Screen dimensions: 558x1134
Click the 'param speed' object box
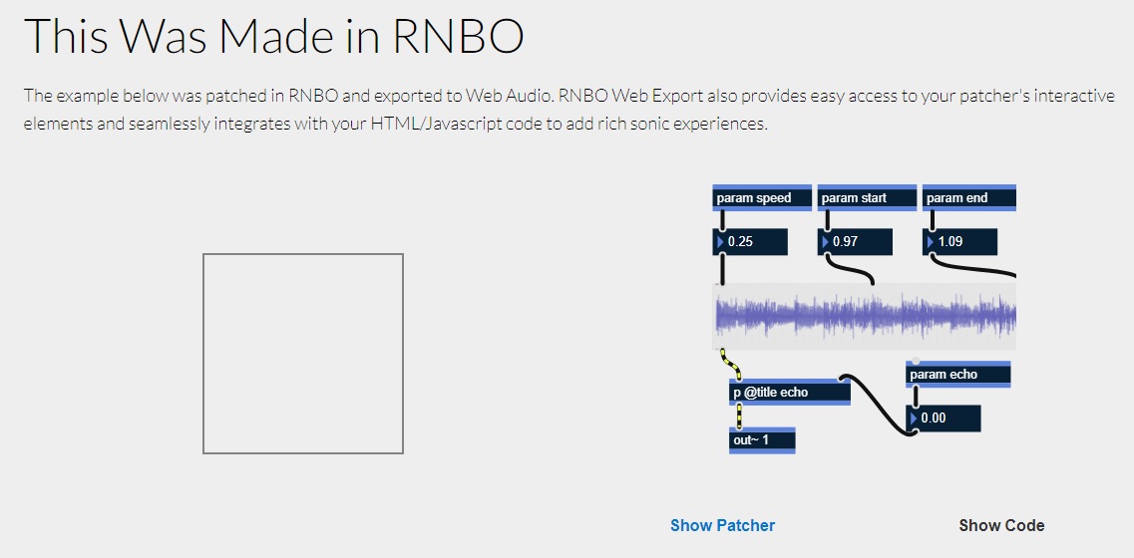point(762,198)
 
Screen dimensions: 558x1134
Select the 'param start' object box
point(866,198)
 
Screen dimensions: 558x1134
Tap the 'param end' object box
point(967,198)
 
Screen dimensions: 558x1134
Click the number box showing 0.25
point(751,242)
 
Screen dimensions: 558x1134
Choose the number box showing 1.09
point(960,242)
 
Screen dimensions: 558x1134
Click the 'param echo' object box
point(957,375)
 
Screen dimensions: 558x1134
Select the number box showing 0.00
point(944,418)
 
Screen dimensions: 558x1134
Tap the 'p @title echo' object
point(789,393)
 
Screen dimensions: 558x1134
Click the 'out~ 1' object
point(762,439)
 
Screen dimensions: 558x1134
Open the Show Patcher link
point(722,525)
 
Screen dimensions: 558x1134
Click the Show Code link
point(1001,525)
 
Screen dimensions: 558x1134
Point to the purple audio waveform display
point(864,317)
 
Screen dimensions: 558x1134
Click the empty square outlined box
point(303,354)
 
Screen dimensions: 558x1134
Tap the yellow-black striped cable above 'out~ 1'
point(739,416)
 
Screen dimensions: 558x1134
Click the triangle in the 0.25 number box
point(720,242)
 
